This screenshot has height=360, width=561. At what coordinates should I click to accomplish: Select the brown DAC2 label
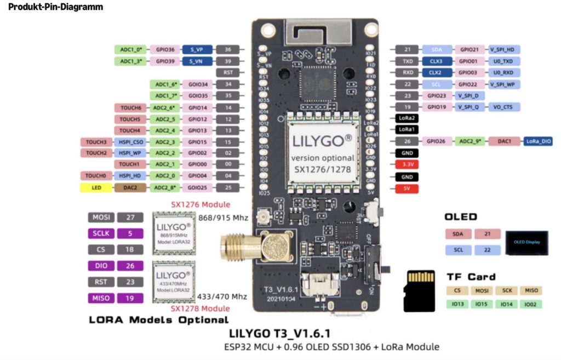[130, 188]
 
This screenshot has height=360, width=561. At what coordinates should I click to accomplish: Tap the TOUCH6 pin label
[130, 108]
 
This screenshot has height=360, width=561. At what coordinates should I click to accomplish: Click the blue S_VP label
[197, 49]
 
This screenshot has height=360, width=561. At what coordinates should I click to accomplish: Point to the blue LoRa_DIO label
[539, 141]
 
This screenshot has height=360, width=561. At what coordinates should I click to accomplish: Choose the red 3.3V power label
[406, 164]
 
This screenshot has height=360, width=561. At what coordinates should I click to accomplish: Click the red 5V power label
[406, 189]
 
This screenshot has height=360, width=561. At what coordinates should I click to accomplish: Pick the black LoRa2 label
[406, 118]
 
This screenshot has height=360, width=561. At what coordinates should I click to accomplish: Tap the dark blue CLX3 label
[436, 61]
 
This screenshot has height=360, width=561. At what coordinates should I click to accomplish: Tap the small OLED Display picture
[527, 242]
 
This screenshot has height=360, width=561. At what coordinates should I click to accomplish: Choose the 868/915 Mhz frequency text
[223, 218]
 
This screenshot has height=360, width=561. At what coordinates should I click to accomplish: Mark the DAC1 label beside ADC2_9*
[503, 141]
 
